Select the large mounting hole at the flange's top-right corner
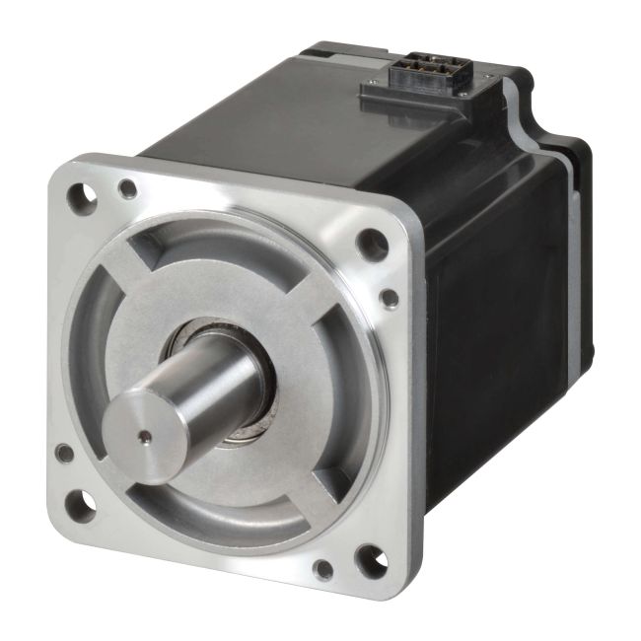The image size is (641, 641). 372,244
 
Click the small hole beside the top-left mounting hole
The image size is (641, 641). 127,187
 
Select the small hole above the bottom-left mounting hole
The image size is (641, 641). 65,454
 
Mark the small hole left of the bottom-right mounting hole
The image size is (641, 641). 321,569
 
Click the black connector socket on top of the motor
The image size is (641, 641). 425,73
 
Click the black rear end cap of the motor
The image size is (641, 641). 572,256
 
